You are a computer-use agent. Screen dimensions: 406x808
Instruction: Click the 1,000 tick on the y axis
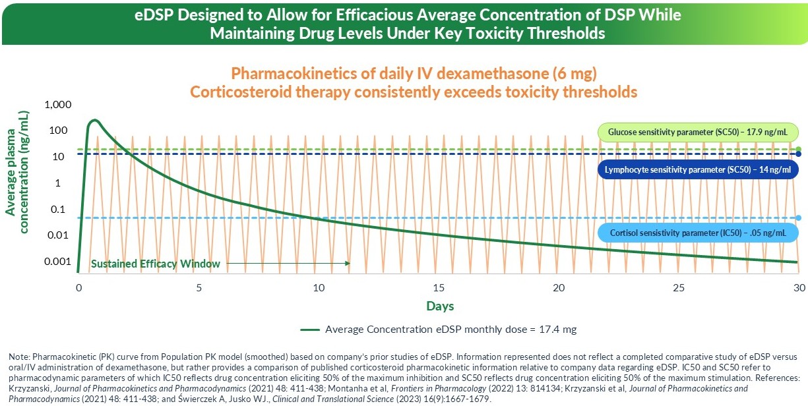tap(57, 105)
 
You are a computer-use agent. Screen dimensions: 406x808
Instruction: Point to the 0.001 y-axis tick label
tap(57, 262)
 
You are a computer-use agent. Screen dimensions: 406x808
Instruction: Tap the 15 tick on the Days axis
tap(439, 288)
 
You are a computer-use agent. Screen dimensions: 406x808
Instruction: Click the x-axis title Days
tap(439, 306)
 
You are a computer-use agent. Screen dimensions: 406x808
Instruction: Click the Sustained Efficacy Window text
tap(155, 264)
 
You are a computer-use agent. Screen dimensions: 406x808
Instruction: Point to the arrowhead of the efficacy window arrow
tap(348, 264)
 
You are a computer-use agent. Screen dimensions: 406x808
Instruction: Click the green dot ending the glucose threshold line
tap(799, 150)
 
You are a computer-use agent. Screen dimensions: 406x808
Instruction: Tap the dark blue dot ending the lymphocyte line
tap(799, 154)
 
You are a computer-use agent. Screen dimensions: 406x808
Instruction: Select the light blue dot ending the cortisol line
tap(799, 218)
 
